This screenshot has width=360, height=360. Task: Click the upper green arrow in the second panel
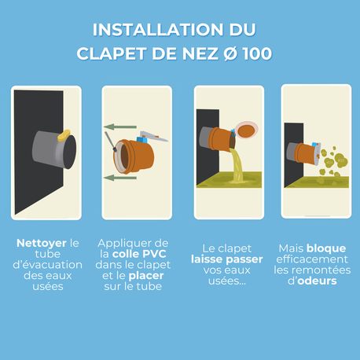click(122, 125)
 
